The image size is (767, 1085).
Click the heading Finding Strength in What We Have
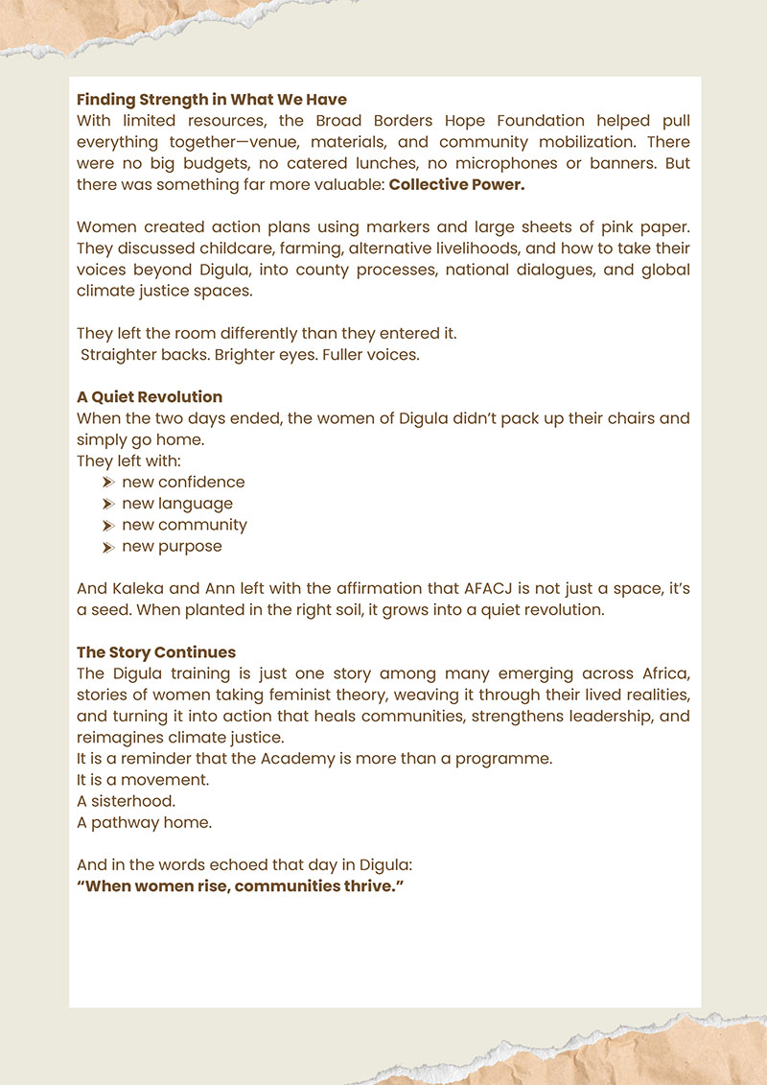click(x=212, y=99)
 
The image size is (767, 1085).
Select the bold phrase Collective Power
click(x=456, y=184)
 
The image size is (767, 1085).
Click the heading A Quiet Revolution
click(x=150, y=396)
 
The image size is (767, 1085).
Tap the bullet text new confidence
click(x=183, y=482)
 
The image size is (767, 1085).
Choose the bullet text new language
click(x=177, y=503)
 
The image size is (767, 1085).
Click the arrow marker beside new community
click(x=108, y=525)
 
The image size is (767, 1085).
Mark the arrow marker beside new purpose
click(x=108, y=547)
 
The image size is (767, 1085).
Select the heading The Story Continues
click(x=155, y=652)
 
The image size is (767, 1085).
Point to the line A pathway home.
click(x=145, y=822)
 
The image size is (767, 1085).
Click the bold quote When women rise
click(x=240, y=885)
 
